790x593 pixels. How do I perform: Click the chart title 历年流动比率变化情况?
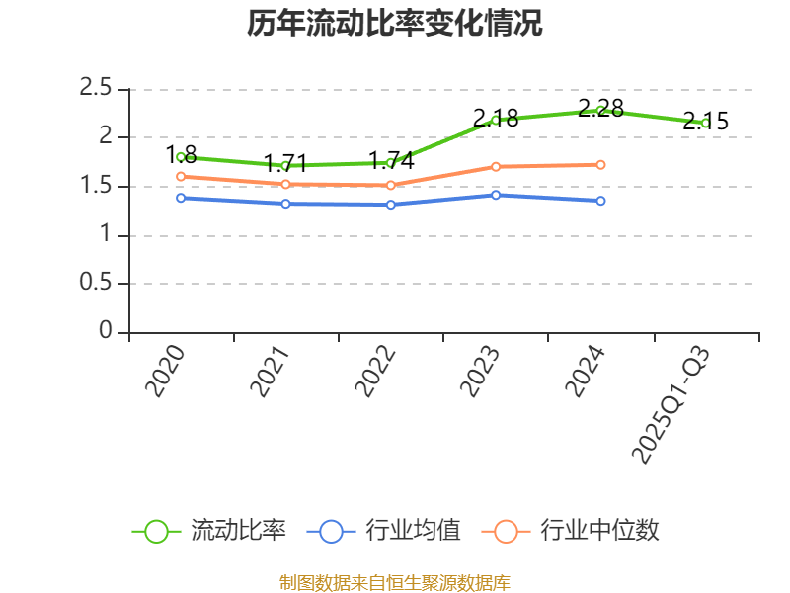click(395, 24)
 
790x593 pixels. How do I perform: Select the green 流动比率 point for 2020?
click(181, 157)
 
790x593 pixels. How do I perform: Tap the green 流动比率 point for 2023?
click(496, 121)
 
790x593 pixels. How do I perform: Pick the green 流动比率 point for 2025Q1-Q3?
click(705, 124)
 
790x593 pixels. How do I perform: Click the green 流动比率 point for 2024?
click(600, 111)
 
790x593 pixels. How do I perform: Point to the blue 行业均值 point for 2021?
click(285, 204)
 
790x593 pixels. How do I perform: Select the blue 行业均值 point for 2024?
click(600, 201)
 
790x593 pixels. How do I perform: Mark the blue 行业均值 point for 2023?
click(496, 195)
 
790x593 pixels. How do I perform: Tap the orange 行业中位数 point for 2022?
click(391, 185)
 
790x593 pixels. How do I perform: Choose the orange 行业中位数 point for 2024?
click(600, 164)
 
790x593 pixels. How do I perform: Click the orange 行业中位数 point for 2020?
click(181, 177)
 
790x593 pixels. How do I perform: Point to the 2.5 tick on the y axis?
click(96, 89)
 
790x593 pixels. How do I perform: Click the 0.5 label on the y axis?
click(96, 284)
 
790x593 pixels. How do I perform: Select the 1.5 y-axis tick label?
click(96, 187)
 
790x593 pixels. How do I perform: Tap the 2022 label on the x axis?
click(376, 372)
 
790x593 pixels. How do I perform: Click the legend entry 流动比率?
click(209, 531)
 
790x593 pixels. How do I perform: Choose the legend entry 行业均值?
click(384, 531)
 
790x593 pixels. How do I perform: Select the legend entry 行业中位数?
click(571, 531)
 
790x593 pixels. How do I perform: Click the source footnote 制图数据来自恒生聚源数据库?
click(395, 582)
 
